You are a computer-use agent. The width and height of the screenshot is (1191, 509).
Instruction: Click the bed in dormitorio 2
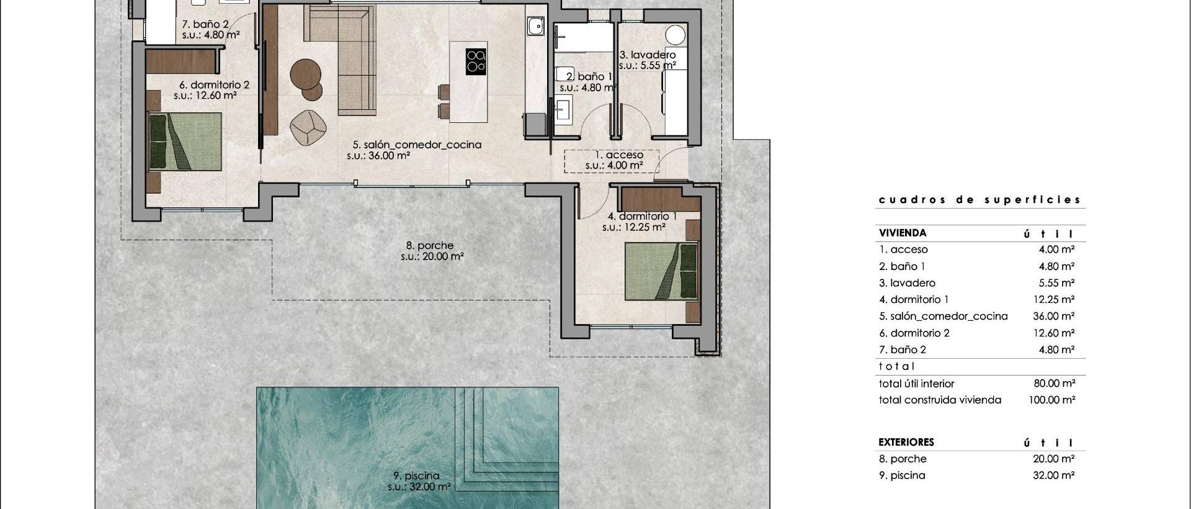[185, 141]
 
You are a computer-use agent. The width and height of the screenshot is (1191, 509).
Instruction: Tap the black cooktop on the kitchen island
[476, 61]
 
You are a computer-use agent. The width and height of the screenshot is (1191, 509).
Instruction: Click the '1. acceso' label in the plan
[618, 155]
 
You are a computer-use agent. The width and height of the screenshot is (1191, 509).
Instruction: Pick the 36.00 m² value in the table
[1053, 316]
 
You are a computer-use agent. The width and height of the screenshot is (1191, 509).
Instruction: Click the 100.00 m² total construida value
[1051, 400]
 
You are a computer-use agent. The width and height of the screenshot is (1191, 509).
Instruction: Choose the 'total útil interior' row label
[916, 384]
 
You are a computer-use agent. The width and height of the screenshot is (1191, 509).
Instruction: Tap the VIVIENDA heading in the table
[902, 233]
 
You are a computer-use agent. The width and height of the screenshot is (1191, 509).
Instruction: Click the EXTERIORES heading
[906, 443]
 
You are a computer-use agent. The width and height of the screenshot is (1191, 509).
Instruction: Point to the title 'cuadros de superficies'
[979, 200]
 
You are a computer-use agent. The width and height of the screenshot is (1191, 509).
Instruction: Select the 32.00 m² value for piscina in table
[1053, 475]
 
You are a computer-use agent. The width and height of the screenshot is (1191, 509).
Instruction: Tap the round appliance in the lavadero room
[676, 34]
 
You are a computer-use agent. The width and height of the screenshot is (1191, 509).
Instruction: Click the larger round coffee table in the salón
[306, 73]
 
